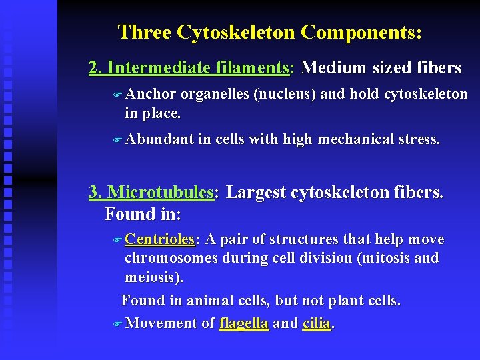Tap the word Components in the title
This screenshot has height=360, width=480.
361,32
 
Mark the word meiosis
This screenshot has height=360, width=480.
152,276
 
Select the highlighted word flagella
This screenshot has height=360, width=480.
244,323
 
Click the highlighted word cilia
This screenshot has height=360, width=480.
317,323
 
